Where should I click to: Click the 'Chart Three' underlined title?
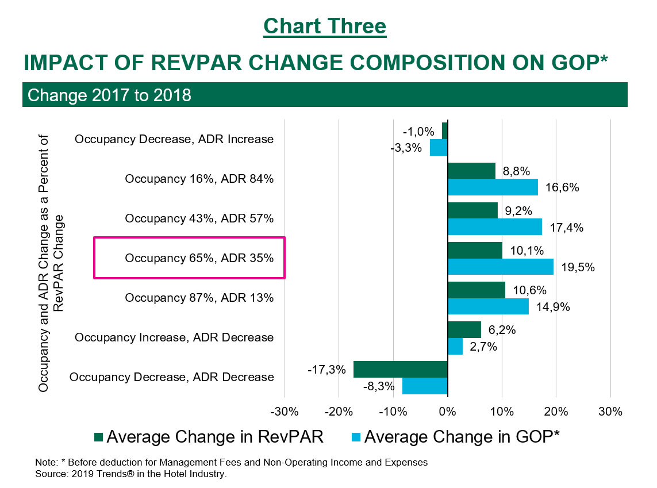coord(325,26)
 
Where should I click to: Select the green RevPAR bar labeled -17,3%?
coord(400,369)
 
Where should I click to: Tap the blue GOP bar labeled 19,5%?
coord(500,267)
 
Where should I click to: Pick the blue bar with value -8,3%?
coord(424,386)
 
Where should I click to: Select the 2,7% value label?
coord(482,347)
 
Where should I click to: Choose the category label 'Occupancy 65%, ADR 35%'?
coord(199,258)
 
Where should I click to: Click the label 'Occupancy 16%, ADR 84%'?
coord(199,179)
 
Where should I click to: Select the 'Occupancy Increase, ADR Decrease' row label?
coord(174,337)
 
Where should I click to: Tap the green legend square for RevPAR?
coord(98,437)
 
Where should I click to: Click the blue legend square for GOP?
coord(355,437)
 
